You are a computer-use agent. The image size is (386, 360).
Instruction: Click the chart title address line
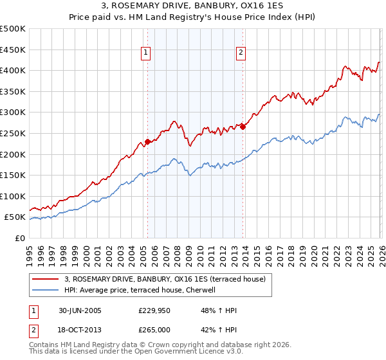pyautogui.click(x=192, y=6)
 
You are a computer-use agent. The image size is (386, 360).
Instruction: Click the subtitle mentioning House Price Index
pyautogui.click(x=192, y=17)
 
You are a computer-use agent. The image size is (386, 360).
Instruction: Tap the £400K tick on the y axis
pyautogui.click(x=13, y=70)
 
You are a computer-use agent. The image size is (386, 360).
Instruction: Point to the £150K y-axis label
pyautogui.click(x=13, y=175)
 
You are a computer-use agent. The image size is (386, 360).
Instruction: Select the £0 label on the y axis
pyautogui.click(x=19, y=238)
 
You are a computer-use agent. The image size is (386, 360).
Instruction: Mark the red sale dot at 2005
pyautogui.click(x=147, y=141)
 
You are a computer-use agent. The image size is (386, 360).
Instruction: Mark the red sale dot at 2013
pyautogui.click(x=243, y=127)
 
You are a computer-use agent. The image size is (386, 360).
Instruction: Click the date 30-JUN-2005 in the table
pyautogui.click(x=80, y=310)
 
